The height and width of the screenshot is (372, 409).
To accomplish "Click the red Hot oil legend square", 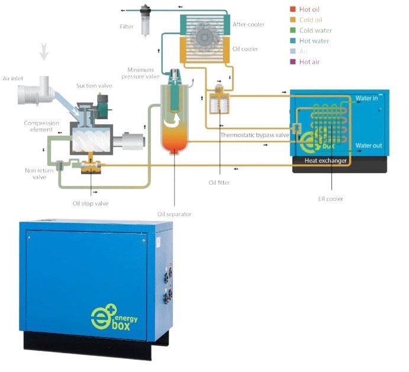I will pyautogui.click(x=292, y=9).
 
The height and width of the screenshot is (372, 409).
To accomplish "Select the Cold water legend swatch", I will pyautogui.click(x=292, y=30).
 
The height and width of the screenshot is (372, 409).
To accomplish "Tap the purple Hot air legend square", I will pyautogui.click(x=292, y=62).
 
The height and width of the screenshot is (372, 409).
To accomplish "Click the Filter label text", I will pyautogui.click(x=127, y=27).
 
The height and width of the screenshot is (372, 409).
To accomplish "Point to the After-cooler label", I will pyautogui.click(x=249, y=24).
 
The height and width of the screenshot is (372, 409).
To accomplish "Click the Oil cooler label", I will pyautogui.click(x=246, y=49).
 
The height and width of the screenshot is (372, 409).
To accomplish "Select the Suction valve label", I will pyautogui.click(x=91, y=86).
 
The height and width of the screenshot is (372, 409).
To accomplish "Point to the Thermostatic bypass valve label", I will pyautogui.click(x=255, y=135).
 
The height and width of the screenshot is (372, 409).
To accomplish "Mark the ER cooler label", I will pyautogui.click(x=330, y=199).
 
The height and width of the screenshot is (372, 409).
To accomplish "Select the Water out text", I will pyautogui.click(x=368, y=145).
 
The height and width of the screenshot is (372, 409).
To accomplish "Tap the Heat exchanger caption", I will pyautogui.click(x=326, y=161).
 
